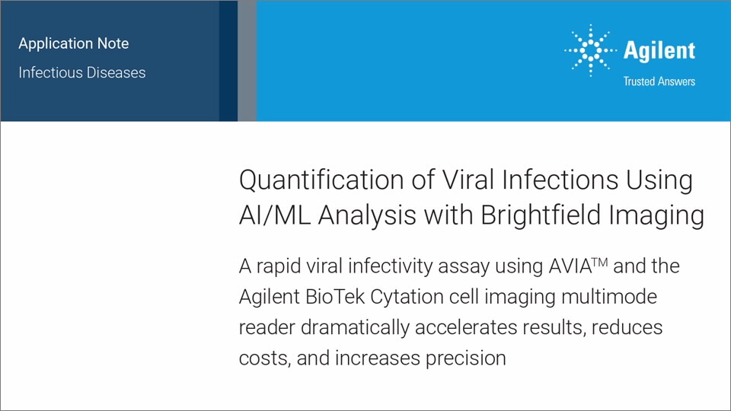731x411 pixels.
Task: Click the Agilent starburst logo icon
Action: click(x=590, y=50)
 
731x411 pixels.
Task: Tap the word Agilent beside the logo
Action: click(x=659, y=50)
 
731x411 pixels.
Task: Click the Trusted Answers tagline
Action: click(x=659, y=81)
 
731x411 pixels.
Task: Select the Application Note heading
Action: click(x=74, y=43)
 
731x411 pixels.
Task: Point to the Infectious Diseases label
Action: click(x=82, y=72)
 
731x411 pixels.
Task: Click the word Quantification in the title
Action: click(x=321, y=180)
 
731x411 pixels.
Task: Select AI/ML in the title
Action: click(x=275, y=215)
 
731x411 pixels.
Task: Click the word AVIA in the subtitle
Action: click(x=570, y=266)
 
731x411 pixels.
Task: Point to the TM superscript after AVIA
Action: click(x=600, y=262)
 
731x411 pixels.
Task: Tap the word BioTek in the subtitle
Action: click(x=335, y=297)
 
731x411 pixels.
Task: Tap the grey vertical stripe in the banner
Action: click(x=247, y=61)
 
